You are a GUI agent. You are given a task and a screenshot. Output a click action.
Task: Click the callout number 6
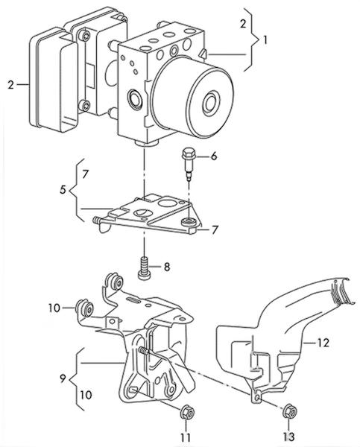coord(214,156)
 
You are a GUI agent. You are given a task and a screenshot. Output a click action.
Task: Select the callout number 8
coord(167,267)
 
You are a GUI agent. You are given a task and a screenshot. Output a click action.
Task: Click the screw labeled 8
coord(145,268)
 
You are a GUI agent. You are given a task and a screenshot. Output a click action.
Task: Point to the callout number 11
coord(186,437)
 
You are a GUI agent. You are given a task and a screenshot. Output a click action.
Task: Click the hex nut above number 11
coord(187,412)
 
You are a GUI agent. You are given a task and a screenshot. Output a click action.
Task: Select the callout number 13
coord(288,437)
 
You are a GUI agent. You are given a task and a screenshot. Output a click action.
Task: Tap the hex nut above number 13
coord(289,412)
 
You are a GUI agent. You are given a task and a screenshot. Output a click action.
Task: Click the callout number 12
coord(323,343)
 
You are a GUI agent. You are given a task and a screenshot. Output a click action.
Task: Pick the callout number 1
coord(265,40)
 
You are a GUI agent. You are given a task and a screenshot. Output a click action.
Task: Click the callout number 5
coord(63,190)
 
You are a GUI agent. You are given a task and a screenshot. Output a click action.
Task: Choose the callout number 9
coord(63,378)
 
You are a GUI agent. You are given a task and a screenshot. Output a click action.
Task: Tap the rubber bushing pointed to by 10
coord(84,308)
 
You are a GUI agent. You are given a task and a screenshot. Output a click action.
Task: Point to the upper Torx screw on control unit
coord(85,36)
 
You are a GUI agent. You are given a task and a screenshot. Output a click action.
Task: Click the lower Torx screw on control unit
coord(85,106)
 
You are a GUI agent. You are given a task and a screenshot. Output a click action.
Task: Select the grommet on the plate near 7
coord(188,221)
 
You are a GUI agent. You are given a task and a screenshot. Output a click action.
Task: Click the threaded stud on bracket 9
coord(144,350)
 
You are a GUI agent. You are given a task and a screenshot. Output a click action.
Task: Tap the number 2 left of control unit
coord(11,85)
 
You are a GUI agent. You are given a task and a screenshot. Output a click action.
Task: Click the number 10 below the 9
coord(86,395)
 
